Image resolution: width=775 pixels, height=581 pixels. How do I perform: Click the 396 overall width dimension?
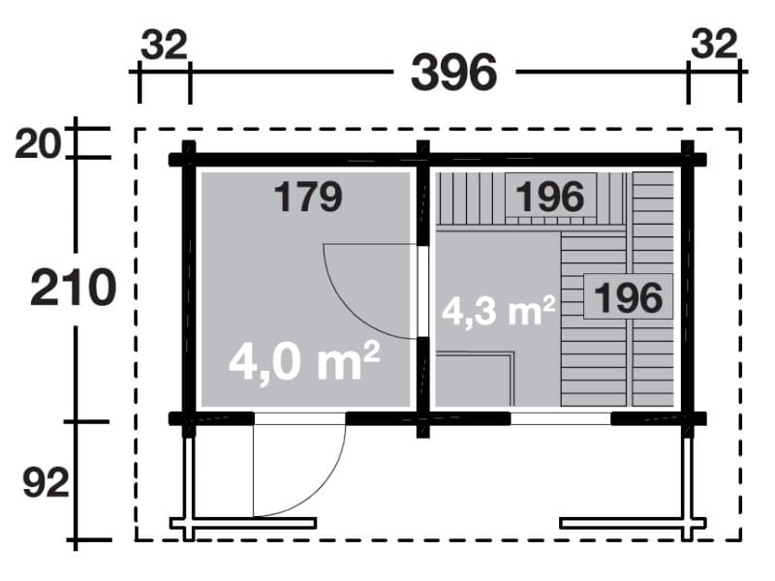[453, 73]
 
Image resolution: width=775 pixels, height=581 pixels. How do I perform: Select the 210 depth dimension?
[73, 288]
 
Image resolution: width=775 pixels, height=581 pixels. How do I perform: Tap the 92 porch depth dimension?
[45, 482]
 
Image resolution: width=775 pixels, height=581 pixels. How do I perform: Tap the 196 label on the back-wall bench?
[550, 197]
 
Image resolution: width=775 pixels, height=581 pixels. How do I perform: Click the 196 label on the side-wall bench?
[628, 295]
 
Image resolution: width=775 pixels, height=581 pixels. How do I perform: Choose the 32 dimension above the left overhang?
[164, 45]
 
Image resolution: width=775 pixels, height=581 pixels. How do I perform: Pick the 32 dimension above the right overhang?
[716, 45]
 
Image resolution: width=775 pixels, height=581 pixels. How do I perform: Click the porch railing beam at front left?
[243, 524]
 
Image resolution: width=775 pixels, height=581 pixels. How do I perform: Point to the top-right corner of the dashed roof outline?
[740, 129]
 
